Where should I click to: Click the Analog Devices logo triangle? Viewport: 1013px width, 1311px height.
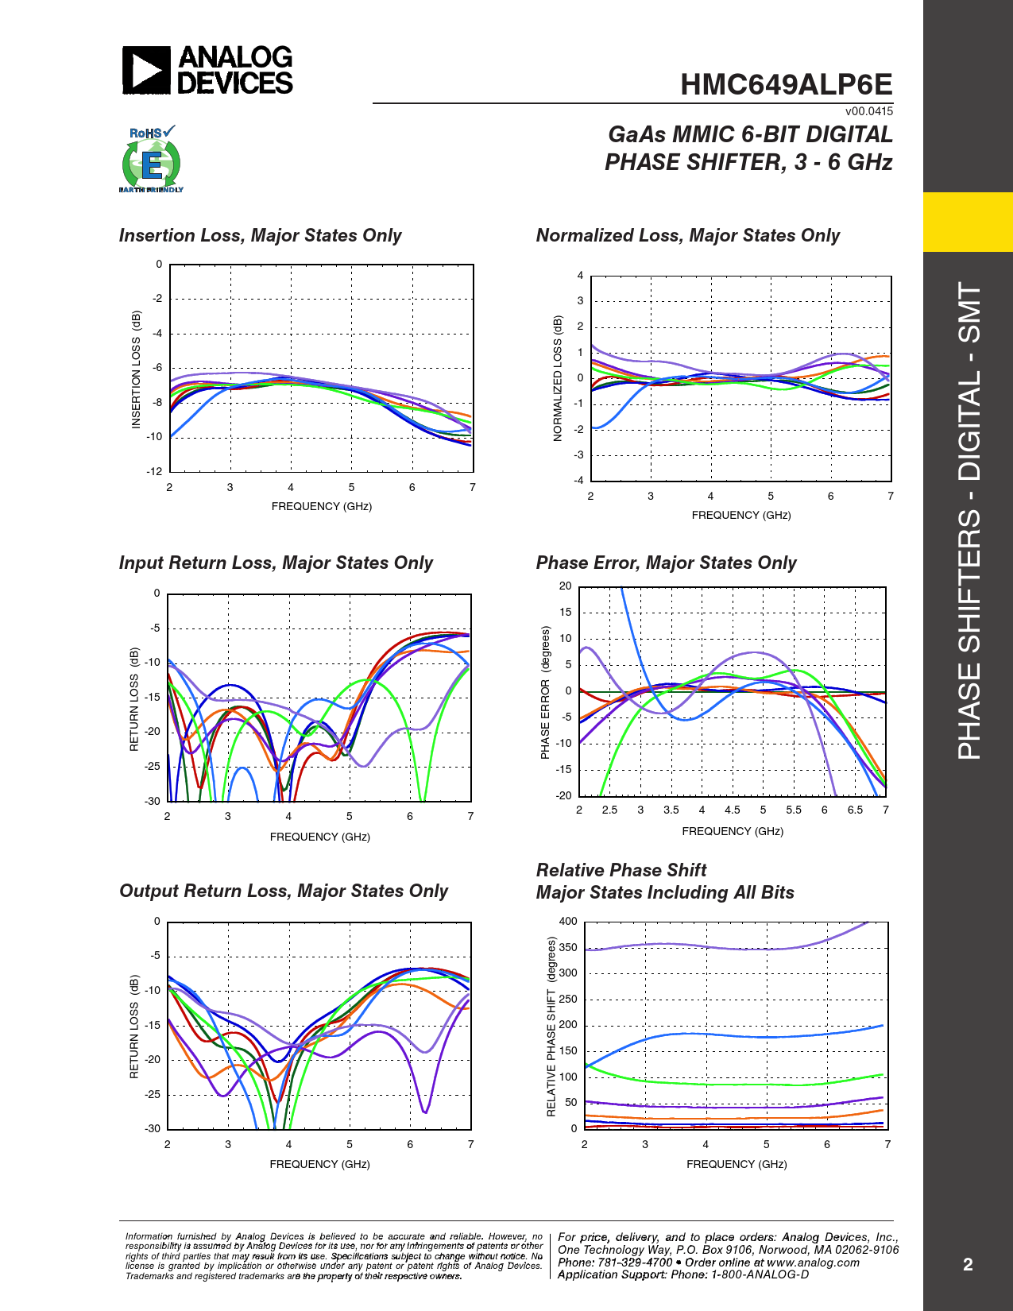[146, 70]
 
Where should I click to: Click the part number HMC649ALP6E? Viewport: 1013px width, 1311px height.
[786, 85]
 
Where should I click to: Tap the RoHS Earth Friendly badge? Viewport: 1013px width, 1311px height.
[151, 160]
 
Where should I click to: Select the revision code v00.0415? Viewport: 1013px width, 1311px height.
[868, 111]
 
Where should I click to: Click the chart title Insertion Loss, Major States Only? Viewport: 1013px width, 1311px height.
[260, 236]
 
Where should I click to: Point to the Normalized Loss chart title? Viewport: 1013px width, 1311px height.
[687, 236]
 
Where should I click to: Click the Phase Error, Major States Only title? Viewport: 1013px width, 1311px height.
[666, 563]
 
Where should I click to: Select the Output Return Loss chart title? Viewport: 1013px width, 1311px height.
[284, 891]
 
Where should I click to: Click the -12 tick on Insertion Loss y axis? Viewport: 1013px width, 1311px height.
[154, 471]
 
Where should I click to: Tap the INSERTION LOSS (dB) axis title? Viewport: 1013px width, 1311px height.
[136, 370]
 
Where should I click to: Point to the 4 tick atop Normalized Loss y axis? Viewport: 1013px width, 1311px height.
[580, 276]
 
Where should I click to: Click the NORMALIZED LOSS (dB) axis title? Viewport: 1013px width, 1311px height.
[557, 378]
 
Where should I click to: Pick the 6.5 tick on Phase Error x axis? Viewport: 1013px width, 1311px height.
[855, 810]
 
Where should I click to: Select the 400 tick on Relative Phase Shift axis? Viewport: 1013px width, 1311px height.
[568, 922]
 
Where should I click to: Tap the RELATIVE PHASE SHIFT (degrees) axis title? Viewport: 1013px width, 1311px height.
[551, 1027]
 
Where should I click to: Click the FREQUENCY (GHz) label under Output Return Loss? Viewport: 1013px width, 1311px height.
[319, 1164]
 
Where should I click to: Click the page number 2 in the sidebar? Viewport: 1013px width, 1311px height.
[968, 1265]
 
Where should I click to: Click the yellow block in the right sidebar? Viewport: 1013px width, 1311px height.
[968, 222]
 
